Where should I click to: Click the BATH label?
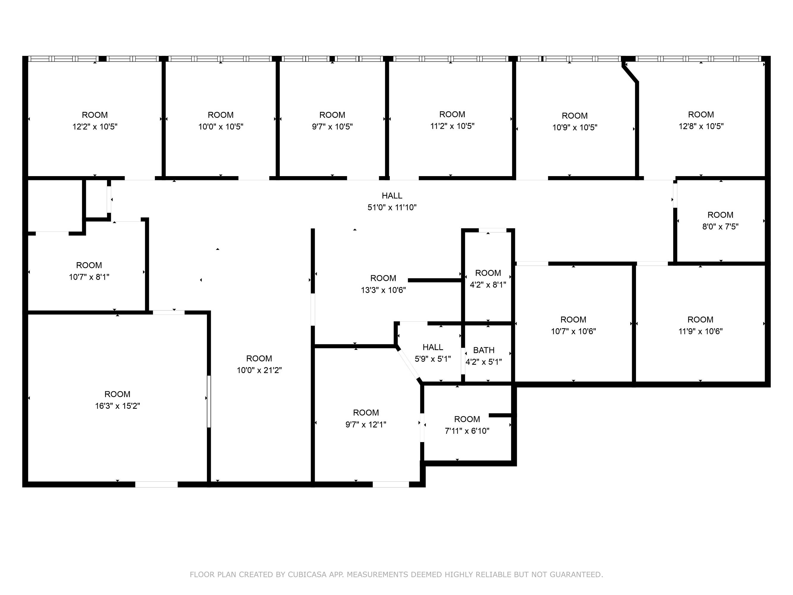pyautogui.click(x=483, y=350)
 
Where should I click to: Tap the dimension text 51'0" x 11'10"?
pyautogui.click(x=392, y=207)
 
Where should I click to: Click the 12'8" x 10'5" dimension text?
pyautogui.click(x=701, y=126)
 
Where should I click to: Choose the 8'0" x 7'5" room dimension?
pyautogui.click(x=720, y=227)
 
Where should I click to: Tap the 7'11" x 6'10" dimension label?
pyautogui.click(x=467, y=431)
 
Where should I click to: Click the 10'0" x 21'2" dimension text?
pyautogui.click(x=259, y=370)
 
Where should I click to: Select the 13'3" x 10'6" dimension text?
pyautogui.click(x=383, y=290)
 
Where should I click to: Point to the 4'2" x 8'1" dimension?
pyautogui.click(x=488, y=285)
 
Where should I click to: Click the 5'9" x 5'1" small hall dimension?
pyautogui.click(x=433, y=359)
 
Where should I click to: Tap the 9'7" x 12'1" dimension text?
pyautogui.click(x=366, y=425)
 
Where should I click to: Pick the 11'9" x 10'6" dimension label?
pyautogui.click(x=700, y=331)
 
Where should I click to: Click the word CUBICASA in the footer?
pyautogui.click(x=307, y=574)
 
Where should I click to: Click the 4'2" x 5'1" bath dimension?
pyautogui.click(x=483, y=362)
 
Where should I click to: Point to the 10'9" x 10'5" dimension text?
pyautogui.click(x=575, y=127)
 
